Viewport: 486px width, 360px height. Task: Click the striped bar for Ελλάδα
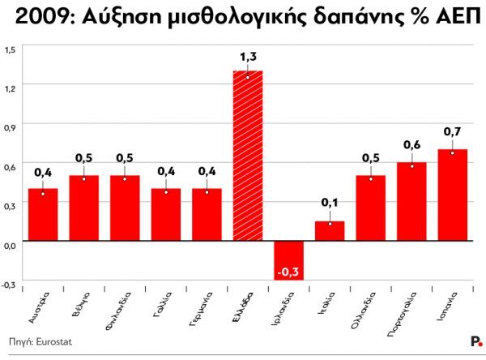(x=248, y=156)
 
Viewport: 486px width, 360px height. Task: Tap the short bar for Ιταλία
(x=330, y=231)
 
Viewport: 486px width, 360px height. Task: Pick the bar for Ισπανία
(x=452, y=195)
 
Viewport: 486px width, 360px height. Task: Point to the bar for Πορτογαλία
(x=411, y=202)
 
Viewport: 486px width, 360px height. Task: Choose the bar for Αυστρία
(x=43, y=215)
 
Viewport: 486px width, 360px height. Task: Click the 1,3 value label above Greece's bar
(x=248, y=56)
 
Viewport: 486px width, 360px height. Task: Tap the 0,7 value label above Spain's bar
(x=452, y=131)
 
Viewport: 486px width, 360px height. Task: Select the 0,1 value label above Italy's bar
(x=330, y=203)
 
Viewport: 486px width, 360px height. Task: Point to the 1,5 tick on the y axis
(x=10, y=50)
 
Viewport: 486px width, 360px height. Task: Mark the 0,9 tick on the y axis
(x=10, y=126)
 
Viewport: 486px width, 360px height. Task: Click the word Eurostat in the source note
(x=53, y=343)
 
